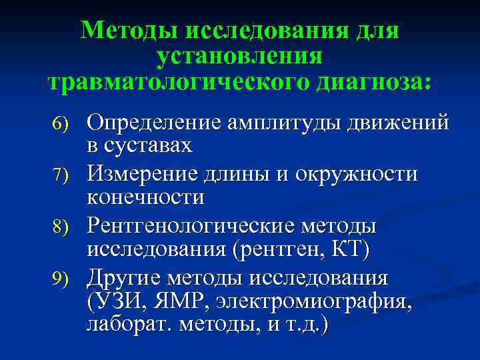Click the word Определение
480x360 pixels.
click(x=155, y=123)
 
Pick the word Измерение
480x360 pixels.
click(x=146, y=175)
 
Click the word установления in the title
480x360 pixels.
click(x=240, y=56)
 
